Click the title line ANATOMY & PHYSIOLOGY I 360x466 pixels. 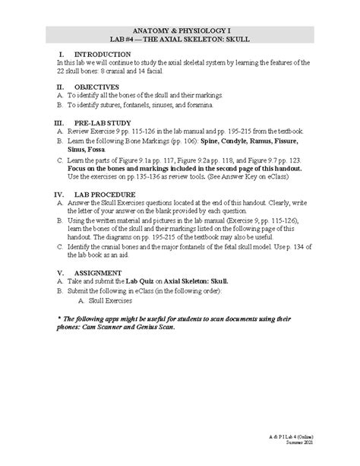click(179, 27)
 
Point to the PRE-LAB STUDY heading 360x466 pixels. click(103, 122)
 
